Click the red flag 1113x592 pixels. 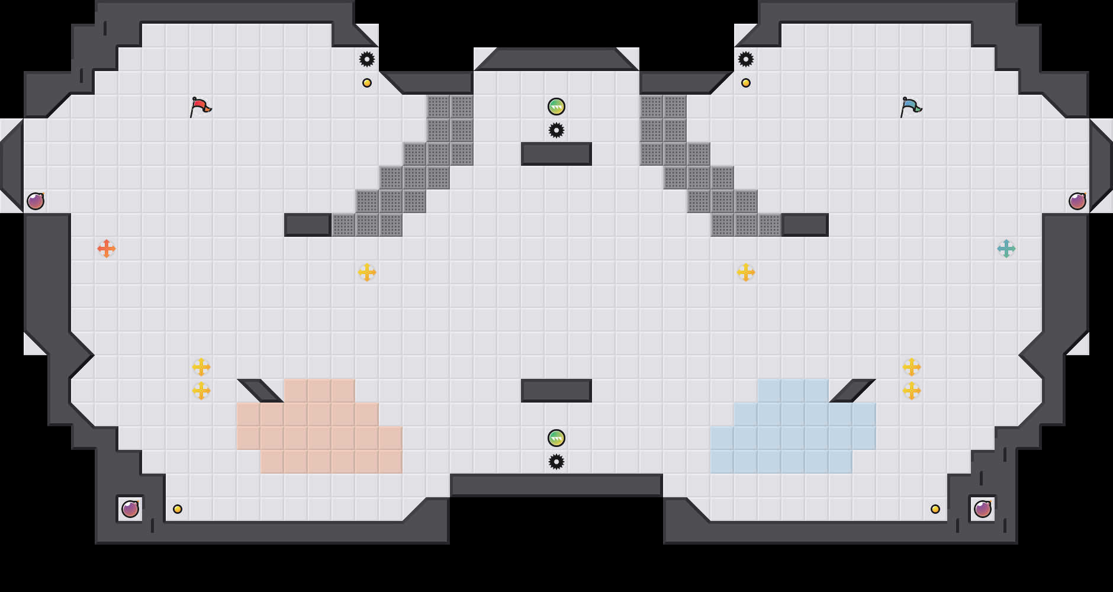(x=200, y=107)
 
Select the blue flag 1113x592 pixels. (x=911, y=107)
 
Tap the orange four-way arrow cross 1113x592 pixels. (x=107, y=249)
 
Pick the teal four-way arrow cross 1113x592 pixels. (x=1006, y=249)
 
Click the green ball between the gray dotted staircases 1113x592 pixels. (x=556, y=107)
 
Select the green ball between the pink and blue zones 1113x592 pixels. (x=556, y=438)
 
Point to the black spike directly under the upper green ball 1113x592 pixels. (x=556, y=130)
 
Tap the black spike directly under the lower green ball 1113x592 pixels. (x=556, y=462)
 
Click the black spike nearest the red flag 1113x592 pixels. (x=367, y=59)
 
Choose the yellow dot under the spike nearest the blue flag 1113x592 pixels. (x=746, y=83)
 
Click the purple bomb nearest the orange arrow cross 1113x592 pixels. (x=36, y=201)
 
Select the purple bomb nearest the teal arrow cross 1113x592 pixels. (x=1077, y=201)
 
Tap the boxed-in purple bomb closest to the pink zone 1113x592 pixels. (x=130, y=509)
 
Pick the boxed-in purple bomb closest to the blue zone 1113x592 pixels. (x=983, y=509)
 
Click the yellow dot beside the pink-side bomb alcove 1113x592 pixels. (x=178, y=509)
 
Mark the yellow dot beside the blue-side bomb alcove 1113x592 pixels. (x=935, y=509)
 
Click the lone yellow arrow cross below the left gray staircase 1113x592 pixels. (x=367, y=272)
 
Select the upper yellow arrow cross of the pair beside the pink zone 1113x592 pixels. (x=201, y=367)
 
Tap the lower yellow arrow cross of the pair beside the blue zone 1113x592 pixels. (x=912, y=391)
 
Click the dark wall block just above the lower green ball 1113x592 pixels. (x=556, y=391)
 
